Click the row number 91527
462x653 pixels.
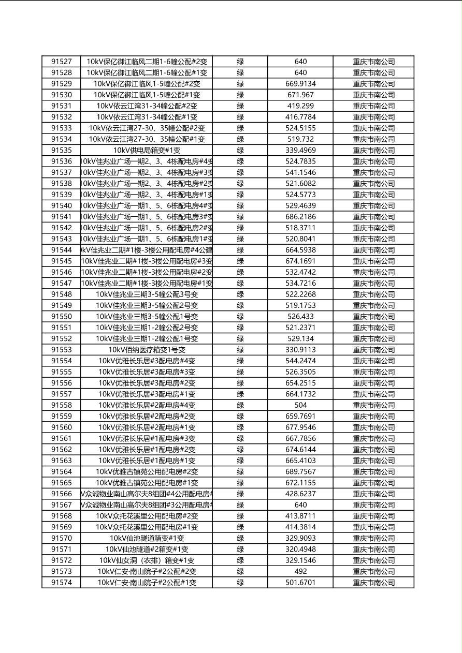click(x=61, y=62)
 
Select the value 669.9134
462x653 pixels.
click(x=300, y=84)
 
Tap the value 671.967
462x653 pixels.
click(x=300, y=95)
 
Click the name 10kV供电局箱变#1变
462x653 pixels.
click(x=147, y=150)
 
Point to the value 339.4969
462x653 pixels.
click(x=300, y=150)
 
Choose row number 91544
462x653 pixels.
click(x=61, y=250)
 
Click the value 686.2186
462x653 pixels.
click(x=300, y=217)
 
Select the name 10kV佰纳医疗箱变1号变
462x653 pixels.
click(x=147, y=350)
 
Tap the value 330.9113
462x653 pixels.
click(x=300, y=350)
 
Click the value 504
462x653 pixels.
click(x=300, y=405)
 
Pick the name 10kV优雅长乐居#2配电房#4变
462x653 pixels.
click(x=147, y=405)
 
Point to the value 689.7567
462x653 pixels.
click(x=300, y=471)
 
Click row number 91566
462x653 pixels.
click(x=61, y=494)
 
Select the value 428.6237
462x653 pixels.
click(x=300, y=494)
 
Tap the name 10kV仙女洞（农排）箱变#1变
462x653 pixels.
click(x=147, y=560)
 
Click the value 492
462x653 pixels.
click(x=300, y=571)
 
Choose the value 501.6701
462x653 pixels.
click(x=300, y=583)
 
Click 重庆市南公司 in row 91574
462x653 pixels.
click(x=373, y=583)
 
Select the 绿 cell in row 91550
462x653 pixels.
click(x=240, y=317)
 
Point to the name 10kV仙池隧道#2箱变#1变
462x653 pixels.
click(x=147, y=549)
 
